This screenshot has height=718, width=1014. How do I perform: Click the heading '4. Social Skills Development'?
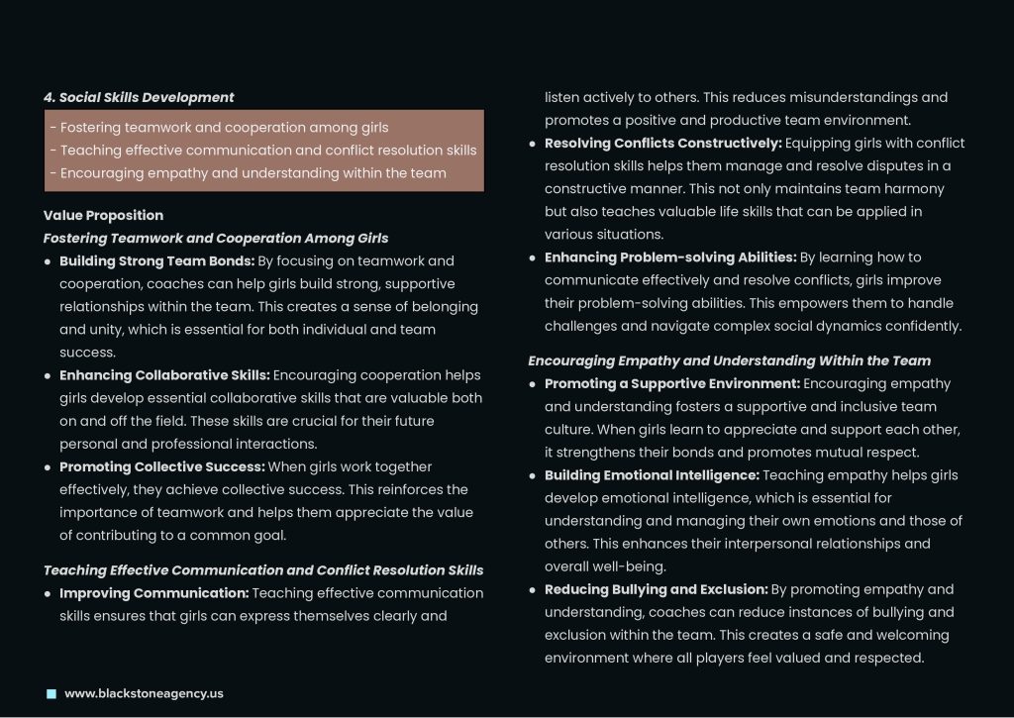pyautogui.click(x=139, y=97)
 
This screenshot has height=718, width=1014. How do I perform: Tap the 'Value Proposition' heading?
pyautogui.click(x=103, y=215)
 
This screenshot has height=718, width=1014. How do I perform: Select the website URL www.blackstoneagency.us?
pyautogui.click(x=144, y=693)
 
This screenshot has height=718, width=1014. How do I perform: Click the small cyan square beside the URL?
pyautogui.click(x=51, y=693)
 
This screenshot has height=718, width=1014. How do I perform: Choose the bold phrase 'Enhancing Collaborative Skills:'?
pyautogui.click(x=164, y=375)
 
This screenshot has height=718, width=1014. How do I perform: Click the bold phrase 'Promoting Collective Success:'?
pyautogui.click(x=160, y=466)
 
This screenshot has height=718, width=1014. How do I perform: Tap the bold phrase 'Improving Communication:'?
pyautogui.click(x=153, y=593)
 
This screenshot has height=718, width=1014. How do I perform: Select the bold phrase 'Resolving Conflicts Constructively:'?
pyautogui.click(x=663, y=144)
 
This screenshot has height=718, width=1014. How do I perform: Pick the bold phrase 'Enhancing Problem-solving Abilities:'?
pyautogui.click(x=670, y=257)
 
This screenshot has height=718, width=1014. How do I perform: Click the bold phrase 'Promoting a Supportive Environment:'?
pyautogui.click(x=672, y=384)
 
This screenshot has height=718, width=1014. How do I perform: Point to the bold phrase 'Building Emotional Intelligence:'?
pyautogui.click(x=652, y=475)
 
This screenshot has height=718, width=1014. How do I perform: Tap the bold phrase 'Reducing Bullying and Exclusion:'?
pyautogui.click(x=657, y=589)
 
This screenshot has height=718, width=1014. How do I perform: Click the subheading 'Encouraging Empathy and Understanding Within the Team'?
pyautogui.click(x=729, y=360)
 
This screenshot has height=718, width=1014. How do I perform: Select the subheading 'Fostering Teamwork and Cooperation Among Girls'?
pyautogui.click(x=216, y=238)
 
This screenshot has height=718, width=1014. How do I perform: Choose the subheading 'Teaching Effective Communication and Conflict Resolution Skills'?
pyautogui.click(x=263, y=570)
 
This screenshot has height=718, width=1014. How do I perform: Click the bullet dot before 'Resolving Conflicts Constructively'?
pyautogui.click(x=533, y=145)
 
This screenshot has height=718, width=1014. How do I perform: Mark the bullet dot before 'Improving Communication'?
pyautogui.click(x=48, y=594)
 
